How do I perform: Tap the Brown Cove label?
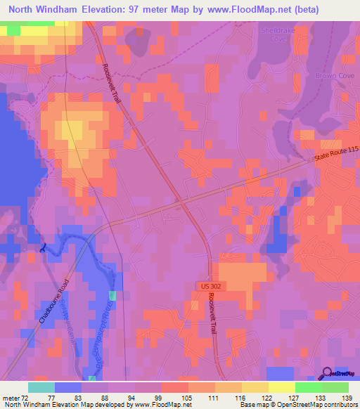coord(330,75)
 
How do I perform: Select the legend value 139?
coord(347,398)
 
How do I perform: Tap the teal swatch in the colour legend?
coord(41,388)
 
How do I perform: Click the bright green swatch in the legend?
coord(309,388)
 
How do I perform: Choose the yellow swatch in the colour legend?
coord(282,388)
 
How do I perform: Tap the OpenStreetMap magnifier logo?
coord(326,373)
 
